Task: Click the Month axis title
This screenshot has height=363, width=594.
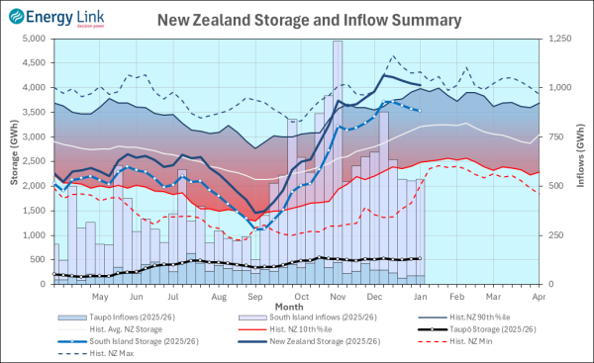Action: tap(290, 306)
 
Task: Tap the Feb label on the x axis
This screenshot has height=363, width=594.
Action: tap(456, 296)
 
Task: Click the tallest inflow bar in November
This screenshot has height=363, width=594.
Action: tap(338, 158)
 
